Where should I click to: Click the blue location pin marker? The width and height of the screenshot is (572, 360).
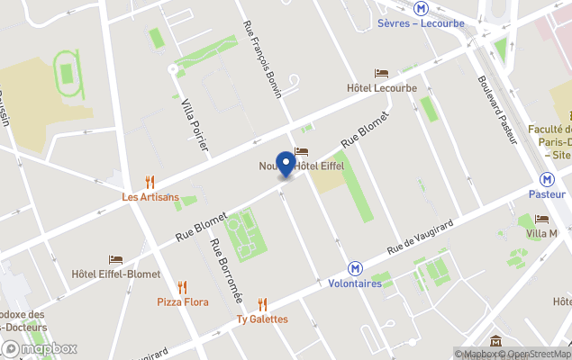286,165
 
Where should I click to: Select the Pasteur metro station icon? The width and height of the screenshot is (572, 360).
547,179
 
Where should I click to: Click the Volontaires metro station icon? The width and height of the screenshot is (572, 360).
356,268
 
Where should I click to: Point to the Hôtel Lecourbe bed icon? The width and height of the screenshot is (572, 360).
382,74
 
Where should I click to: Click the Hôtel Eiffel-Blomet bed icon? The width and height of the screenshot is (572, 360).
115,259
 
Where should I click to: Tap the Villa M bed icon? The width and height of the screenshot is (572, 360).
541,219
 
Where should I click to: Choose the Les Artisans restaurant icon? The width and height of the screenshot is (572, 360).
150,182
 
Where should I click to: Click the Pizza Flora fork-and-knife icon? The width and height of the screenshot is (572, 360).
183,287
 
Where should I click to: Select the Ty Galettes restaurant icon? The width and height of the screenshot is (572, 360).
262,304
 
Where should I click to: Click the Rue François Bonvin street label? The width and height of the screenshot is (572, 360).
264,61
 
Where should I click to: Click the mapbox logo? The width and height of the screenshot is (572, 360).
40,348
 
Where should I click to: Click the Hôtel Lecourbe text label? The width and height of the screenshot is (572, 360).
382,88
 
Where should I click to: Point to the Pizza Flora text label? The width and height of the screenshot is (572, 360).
183,302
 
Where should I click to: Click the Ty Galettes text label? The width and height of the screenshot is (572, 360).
262,319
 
